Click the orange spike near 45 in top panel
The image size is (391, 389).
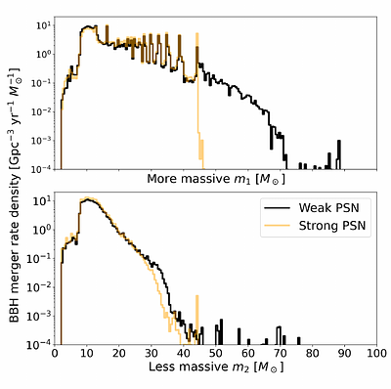[197, 39]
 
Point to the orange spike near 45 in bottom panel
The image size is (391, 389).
[197, 293]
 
